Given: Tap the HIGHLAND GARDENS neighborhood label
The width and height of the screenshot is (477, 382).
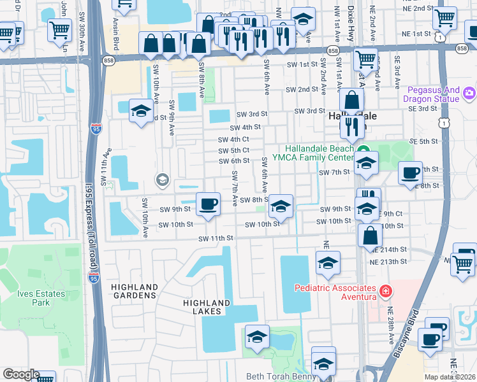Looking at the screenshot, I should pyautogui.click(x=134, y=292).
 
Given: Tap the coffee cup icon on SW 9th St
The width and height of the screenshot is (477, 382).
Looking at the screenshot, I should pyautogui.click(x=209, y=204).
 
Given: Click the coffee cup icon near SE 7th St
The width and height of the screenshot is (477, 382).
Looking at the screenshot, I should pyautogui.click(x=411, y=172).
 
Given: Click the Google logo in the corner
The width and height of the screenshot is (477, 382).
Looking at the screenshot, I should pyautogui.click(x=20, y=374).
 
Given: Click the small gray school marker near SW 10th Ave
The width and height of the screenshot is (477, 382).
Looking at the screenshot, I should pyautogui.click(x=162, y=180).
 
